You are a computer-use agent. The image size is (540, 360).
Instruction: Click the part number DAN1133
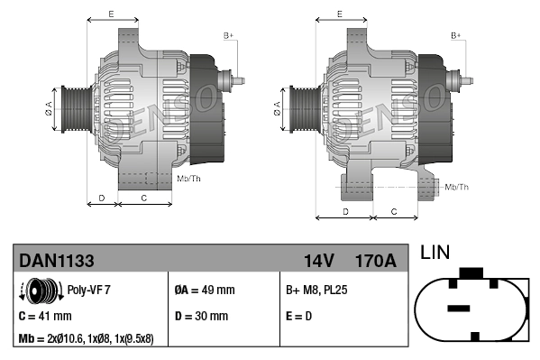[57, 261]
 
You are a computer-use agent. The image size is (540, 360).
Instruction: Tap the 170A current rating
[376, 261]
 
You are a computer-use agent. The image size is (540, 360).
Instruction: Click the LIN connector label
[435, 253]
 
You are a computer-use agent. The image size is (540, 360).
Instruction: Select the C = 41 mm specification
[45, 316]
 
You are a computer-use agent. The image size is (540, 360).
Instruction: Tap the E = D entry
[299, 316]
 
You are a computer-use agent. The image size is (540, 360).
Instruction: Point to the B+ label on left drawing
[228, 35]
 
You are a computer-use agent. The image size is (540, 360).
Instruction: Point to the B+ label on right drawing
[455, 35]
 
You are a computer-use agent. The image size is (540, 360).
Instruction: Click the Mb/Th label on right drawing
[457, 187]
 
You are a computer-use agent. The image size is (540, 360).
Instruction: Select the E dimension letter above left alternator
[110, 14]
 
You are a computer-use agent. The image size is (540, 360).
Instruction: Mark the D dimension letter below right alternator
[345, 211]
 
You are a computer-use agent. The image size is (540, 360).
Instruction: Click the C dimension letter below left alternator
[144, 196]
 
